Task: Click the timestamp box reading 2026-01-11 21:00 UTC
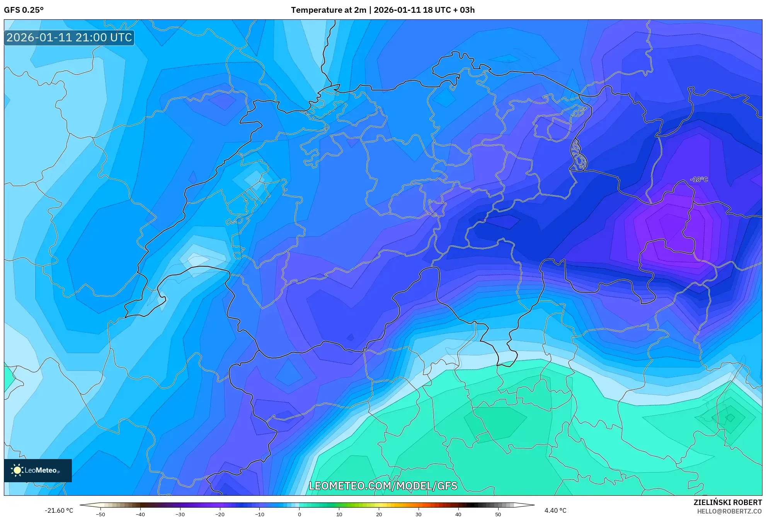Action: (x=69, y=37)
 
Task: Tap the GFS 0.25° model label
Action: (x=24, y=10)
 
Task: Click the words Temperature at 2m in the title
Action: (x=328, y=10)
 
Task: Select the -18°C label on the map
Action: (x=699, y=179)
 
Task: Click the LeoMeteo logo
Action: (x=38, y=470)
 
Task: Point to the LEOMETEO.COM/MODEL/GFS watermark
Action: (x=383, y=486)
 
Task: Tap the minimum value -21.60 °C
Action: (x=59, y=510)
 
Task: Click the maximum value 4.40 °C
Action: (x=555, y=510)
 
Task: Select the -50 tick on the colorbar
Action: (x=100, y=514)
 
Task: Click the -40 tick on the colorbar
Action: (x=140, y=514)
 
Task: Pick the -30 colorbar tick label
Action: (x=180, y=514)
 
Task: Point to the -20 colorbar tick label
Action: (x=220, y=514)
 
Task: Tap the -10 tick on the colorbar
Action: (x=260, y=514)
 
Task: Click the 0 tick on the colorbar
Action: (x=300, y=514)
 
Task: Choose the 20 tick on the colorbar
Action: (x=379, y=514)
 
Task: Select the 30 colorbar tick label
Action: (x=419, y=514)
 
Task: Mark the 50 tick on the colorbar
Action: (x=498, y=514)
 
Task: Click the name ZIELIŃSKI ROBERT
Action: (x=727, y=502)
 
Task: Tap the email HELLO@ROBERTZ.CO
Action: (x=729, y=511)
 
